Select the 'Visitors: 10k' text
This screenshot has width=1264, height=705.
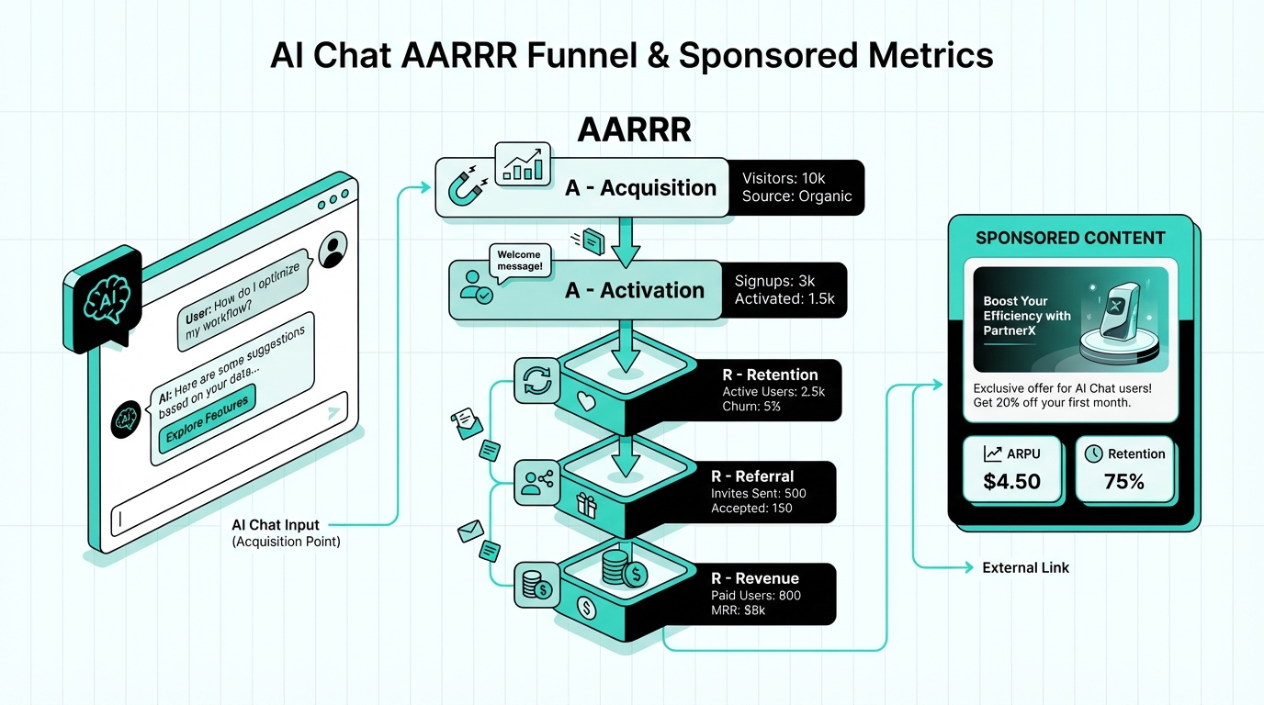[x=784, y=177]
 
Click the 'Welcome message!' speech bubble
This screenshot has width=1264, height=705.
[x=519, y=261]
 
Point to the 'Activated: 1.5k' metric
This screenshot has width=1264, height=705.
[x=784, y=300]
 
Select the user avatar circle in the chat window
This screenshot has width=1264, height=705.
[x=332, y=247]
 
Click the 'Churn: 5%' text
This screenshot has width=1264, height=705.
[x=751, y=407]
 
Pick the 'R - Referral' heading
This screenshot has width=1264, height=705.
[x=751, y=476]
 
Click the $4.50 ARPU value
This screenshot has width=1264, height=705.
[x=1011, y=481]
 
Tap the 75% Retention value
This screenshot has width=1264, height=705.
[x=1124, y=481]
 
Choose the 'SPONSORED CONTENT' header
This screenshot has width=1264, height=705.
[x=1070, y=239]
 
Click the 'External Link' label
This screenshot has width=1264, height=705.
[x=1025, y=568]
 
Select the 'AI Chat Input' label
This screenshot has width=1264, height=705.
[x=276, y=525]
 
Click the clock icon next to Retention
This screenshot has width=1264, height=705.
[x=1093, y=453]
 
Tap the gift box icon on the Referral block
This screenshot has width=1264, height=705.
[x=586, y=503]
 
